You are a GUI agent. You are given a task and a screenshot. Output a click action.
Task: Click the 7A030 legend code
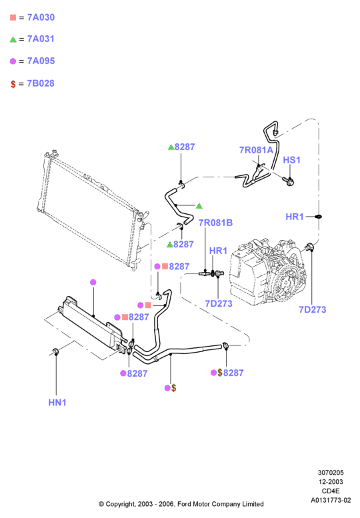[41, 17]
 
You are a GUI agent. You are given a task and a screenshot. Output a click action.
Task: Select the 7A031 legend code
[41, 39]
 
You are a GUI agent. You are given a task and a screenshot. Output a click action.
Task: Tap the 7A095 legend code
[41, 61]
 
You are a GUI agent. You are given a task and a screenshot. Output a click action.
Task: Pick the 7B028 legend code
[41, 83]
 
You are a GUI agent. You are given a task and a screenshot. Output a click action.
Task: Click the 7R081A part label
[256, 150]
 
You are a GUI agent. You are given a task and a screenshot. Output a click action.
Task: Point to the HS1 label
[291, 160]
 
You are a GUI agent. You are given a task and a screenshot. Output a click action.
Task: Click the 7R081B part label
[215, 223]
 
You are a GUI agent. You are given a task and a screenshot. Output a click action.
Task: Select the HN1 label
[57, 403]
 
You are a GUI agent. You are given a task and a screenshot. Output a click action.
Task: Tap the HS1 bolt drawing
[288, 181]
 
